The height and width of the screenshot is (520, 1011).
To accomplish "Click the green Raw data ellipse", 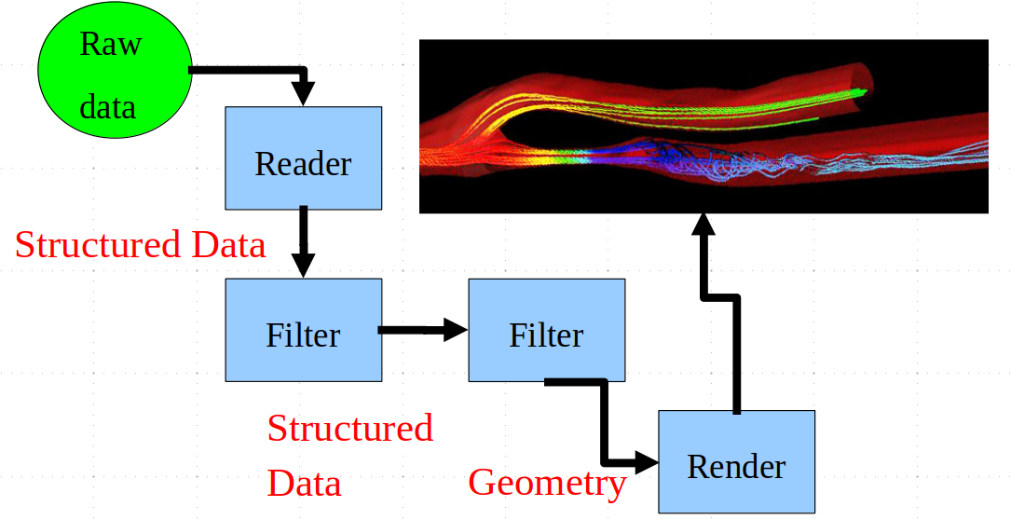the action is point(114,70).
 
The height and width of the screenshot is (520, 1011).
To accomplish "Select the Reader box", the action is point(303,158).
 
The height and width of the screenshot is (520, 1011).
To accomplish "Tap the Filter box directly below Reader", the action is point(303,330).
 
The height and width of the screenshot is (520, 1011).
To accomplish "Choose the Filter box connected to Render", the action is point(546,330).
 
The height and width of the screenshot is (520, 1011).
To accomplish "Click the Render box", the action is point(736,461).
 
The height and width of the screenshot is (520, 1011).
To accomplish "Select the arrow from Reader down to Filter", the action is point(303,242).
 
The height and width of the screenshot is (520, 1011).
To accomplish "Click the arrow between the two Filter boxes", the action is point(422,330).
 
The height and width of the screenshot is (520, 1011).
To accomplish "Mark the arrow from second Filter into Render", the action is point(605,419).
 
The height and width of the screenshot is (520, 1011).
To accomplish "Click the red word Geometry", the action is point(547,483).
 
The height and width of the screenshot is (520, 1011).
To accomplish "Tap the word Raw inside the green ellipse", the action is point(110,45).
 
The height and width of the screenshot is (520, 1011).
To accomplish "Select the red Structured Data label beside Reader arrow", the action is point(140,245).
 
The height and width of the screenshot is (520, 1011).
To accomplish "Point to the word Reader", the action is point(303,164).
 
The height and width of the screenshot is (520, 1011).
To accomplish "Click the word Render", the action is point(736,467).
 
